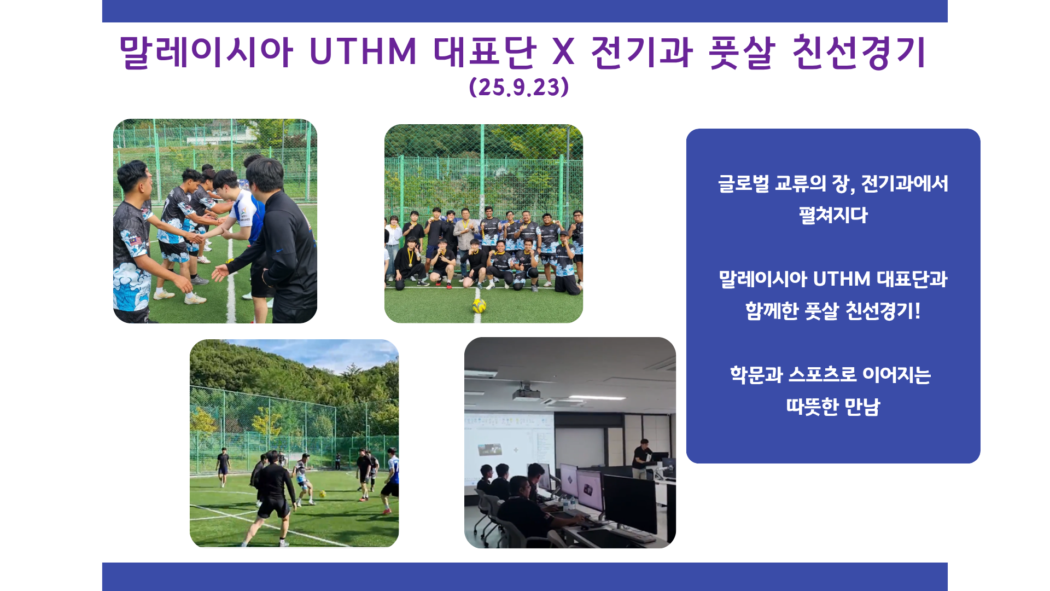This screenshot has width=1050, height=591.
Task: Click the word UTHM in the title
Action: (363, 52)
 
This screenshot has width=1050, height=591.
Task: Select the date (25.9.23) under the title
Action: (519, 87)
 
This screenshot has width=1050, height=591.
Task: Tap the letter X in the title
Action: (563, 52)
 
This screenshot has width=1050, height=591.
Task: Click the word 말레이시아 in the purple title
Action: (206, 52)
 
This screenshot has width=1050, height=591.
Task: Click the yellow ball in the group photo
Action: (479, 305)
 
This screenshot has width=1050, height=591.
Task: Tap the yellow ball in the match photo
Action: (323, 494)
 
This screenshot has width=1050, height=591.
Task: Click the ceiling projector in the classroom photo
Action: (526, 393)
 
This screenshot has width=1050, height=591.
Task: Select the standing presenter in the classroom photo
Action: (641, 459)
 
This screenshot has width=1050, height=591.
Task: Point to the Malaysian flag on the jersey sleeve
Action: (135, 239)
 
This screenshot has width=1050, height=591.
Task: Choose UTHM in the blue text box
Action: (842, 279)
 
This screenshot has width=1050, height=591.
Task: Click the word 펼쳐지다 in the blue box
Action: (833, 215)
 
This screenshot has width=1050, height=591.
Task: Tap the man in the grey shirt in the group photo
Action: (465, 233)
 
